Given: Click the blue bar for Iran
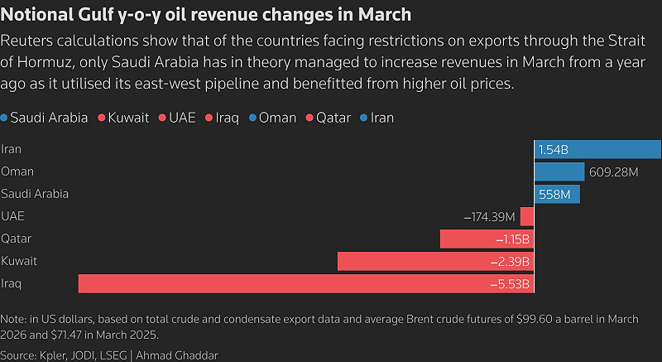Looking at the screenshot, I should [x=597, y=149].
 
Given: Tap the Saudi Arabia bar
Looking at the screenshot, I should [x=557, y=194].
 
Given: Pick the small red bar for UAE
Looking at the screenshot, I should [x=527, y=217].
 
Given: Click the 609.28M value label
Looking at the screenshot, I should [x=612, y=171].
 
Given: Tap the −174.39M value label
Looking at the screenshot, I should [x=490, y=217].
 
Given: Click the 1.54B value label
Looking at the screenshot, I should [x=554, y=149].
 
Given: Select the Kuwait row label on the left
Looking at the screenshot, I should [x=19, y=261].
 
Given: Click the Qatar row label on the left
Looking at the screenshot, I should [x=17, y=239].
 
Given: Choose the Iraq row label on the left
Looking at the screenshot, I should [x=12, y=283].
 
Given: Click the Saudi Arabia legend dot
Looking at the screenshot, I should [x=5, y=118].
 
